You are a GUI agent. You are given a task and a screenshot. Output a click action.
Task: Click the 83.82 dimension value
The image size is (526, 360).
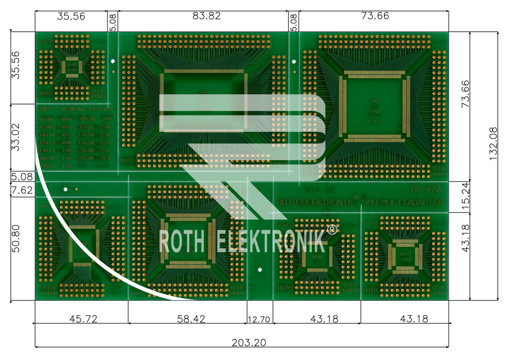[207, 16]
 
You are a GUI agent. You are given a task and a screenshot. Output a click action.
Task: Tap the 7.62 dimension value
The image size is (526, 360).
[22, 190]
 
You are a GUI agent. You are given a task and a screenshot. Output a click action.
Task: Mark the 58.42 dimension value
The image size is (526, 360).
[188, 319]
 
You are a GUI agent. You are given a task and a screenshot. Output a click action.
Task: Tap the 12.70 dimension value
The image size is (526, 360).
[259, 319]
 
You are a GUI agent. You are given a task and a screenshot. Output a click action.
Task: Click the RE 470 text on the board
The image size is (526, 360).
[427, 190]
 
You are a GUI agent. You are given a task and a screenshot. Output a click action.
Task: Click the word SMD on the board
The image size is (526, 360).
[369, 202]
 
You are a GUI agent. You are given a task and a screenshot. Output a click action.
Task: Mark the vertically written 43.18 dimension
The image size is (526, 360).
[465, 239]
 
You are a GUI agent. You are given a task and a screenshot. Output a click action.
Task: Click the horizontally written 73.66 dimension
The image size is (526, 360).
[375, 16]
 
